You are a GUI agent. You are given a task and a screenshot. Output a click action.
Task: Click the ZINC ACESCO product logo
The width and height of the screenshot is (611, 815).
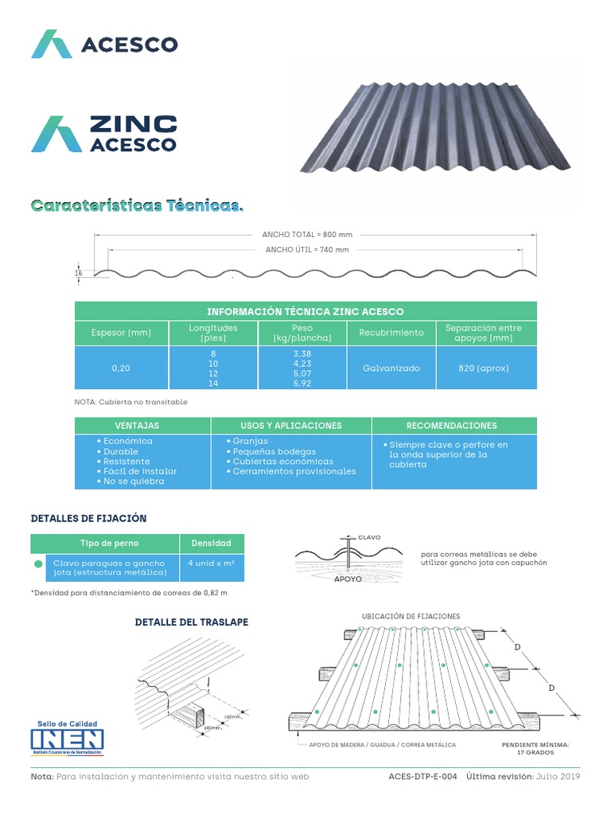tap(104, 134)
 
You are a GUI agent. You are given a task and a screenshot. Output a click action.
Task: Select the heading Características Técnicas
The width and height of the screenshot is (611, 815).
tap(136, 206)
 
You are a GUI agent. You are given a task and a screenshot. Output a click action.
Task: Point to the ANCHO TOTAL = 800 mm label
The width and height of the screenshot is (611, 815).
tap(307, 235)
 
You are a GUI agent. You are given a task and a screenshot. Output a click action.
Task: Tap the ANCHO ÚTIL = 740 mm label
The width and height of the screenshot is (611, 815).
tap(307, 249)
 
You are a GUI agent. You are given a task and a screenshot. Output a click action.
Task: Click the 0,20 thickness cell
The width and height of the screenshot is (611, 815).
tap(121, 369)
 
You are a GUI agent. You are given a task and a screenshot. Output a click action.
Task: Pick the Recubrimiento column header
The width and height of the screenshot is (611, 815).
tap(391, 333)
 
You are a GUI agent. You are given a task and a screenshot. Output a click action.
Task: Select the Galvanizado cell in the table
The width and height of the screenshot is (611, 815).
tap(391, 369)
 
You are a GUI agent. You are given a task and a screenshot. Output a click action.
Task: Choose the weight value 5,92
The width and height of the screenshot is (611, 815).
tap(302, 383)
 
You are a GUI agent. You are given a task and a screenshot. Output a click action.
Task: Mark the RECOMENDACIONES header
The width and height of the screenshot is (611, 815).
tap(452, 426)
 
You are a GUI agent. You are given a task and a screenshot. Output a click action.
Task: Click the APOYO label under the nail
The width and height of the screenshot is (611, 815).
tap(348, 579)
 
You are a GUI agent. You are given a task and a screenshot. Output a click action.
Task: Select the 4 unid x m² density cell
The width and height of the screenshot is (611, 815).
tap(211, 563)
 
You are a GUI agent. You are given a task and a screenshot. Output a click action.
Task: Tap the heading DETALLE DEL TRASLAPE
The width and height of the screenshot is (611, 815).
tap(192, 622)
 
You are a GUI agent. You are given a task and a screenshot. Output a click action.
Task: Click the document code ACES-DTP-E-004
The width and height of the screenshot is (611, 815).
tap(422, 777)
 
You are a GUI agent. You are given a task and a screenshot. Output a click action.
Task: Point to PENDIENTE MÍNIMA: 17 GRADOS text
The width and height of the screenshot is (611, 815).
tap(535, 748)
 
